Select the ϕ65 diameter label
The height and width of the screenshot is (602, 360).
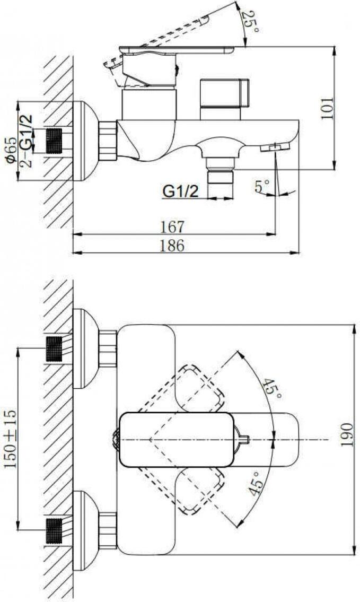pos(11,151)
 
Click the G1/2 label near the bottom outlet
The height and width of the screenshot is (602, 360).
pos(181,191)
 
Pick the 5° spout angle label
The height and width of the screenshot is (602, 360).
pos(262,186)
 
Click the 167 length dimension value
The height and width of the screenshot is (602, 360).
pos(172,226)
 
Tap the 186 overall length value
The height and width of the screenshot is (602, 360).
pos(172,246)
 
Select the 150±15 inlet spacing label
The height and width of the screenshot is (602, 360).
pos(11,439)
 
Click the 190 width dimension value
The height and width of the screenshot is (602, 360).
pos(347,435)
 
